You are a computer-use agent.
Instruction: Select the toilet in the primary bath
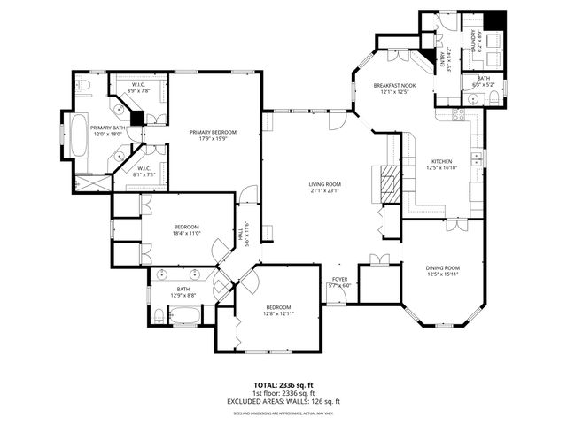[x=84, y=87]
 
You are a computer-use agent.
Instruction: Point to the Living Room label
[x=325, y=184]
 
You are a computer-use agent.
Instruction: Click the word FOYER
[x=339, y=279]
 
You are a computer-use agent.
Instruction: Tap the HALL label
[x=239, y=234]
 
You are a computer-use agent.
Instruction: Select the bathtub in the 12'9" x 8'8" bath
[x=187, y=314]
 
